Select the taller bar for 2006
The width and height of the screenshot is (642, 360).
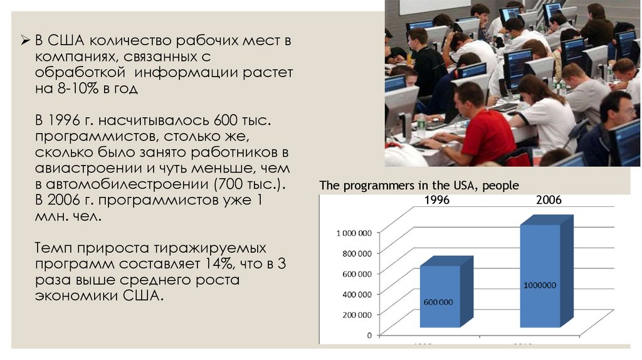(540, 276)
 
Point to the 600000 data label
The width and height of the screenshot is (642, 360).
(438, 302)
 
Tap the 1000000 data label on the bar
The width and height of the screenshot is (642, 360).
(540, 285)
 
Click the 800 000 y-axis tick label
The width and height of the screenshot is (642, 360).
(355, 253)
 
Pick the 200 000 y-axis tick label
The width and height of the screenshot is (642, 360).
(355, 314)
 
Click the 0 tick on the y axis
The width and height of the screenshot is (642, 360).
(369, 335)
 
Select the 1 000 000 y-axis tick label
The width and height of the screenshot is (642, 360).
(354, 233)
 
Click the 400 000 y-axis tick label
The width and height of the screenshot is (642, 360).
(355, 294)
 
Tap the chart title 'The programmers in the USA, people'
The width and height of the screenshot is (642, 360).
(419, 186)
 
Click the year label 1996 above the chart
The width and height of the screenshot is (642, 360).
(437, 200)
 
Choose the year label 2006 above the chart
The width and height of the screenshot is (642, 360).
(549, 200)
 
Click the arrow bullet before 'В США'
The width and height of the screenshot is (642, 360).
(26, 42)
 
